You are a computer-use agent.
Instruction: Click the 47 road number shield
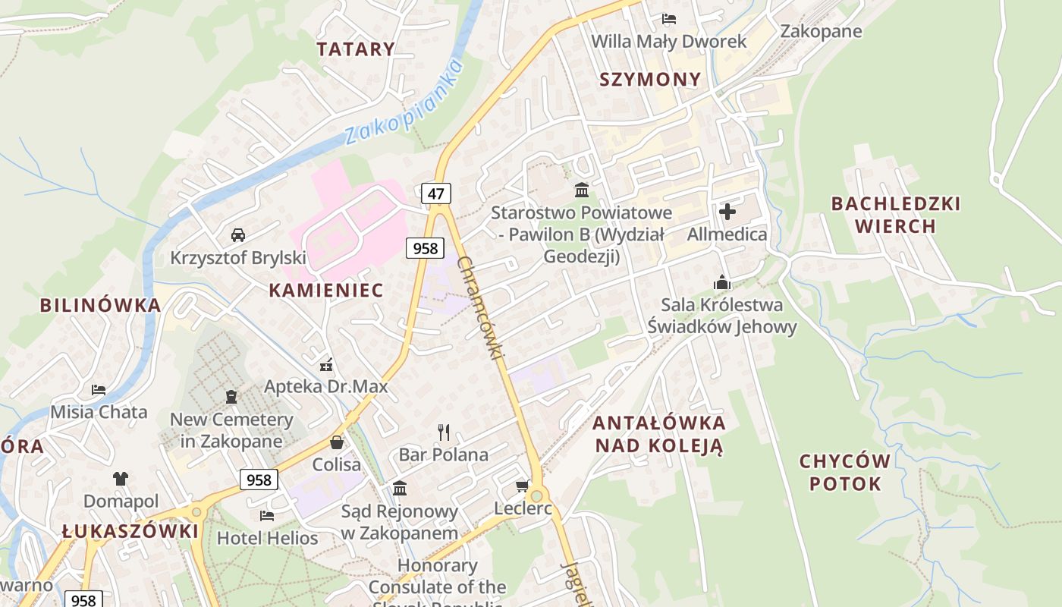(435, 193)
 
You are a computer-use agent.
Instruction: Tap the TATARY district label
(356, 49)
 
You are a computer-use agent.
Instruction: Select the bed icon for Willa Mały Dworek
(668, 19)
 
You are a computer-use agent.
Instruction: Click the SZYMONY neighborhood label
(650, 80)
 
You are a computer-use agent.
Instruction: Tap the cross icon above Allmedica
(727, 212)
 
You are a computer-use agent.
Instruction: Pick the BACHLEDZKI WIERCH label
(895, 215)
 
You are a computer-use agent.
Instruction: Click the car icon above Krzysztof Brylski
(238, 235)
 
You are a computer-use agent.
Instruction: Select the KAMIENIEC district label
(326, 290)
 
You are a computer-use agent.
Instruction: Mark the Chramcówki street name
(482, 307)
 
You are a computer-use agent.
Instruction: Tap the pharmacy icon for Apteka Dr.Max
(326, 364)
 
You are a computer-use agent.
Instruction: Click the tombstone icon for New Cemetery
(231, 397)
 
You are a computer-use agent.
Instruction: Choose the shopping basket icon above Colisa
(337, 442)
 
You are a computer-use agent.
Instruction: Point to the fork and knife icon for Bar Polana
(444, 432)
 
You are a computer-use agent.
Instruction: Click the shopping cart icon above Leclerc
(522, 486)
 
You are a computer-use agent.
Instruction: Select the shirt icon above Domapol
(121, 479)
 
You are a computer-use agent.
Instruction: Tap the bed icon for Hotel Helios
(267, 516)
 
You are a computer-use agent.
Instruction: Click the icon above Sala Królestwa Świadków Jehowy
(721, 283)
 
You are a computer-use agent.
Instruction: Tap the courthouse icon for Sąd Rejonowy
(400, 488)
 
